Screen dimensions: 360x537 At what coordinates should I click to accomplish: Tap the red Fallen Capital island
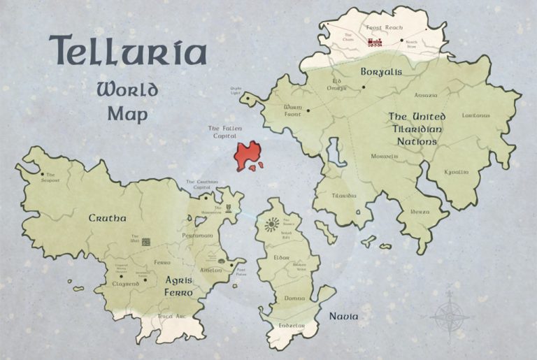(247, 155)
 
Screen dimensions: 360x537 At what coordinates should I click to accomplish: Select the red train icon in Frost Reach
(375, 42)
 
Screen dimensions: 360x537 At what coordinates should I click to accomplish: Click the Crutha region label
(107, 218)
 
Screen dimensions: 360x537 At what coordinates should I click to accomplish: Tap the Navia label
(344, 317)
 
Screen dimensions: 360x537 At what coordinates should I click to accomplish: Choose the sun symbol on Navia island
(271, 224)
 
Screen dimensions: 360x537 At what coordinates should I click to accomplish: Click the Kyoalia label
(457, 171)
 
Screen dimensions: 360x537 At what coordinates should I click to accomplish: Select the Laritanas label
(476, 115)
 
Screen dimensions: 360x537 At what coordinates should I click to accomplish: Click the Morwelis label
(385, 156)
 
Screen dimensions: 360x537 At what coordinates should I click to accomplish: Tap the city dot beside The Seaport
(42, 175)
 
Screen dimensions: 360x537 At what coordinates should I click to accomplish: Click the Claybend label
(124, 285)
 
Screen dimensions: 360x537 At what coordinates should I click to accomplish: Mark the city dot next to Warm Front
(308, 110)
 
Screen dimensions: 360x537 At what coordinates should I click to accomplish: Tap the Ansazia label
(426, 94)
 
